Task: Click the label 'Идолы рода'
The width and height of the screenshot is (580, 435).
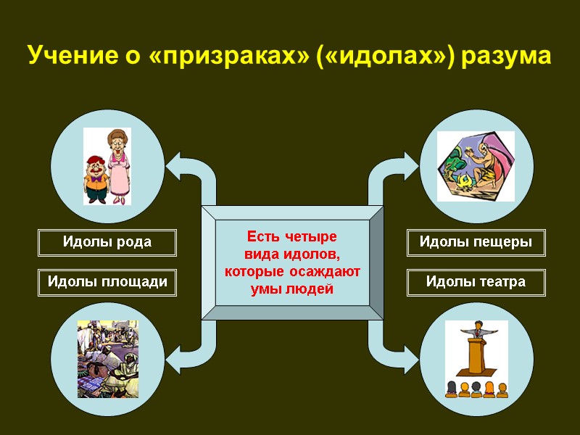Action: pyautogui.click(x=107, y=242)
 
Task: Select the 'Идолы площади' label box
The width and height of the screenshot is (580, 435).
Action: pyautogui.click(x=107, y=282)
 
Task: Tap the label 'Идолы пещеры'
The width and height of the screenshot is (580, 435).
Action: pyautogui.click(x=476, y=242)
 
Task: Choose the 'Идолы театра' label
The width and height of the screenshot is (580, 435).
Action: pyautogui.click(x=476, y=282)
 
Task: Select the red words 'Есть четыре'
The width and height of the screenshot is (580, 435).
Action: pyautogui.click(x=291, y=237)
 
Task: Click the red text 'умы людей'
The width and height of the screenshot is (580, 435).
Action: pyautogui.click(x=291, y=289)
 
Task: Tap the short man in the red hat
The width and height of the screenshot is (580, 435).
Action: pyautogui.click(x=95, y=178)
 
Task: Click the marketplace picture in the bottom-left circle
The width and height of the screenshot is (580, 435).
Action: pyautogui.click(x=107, y=358)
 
